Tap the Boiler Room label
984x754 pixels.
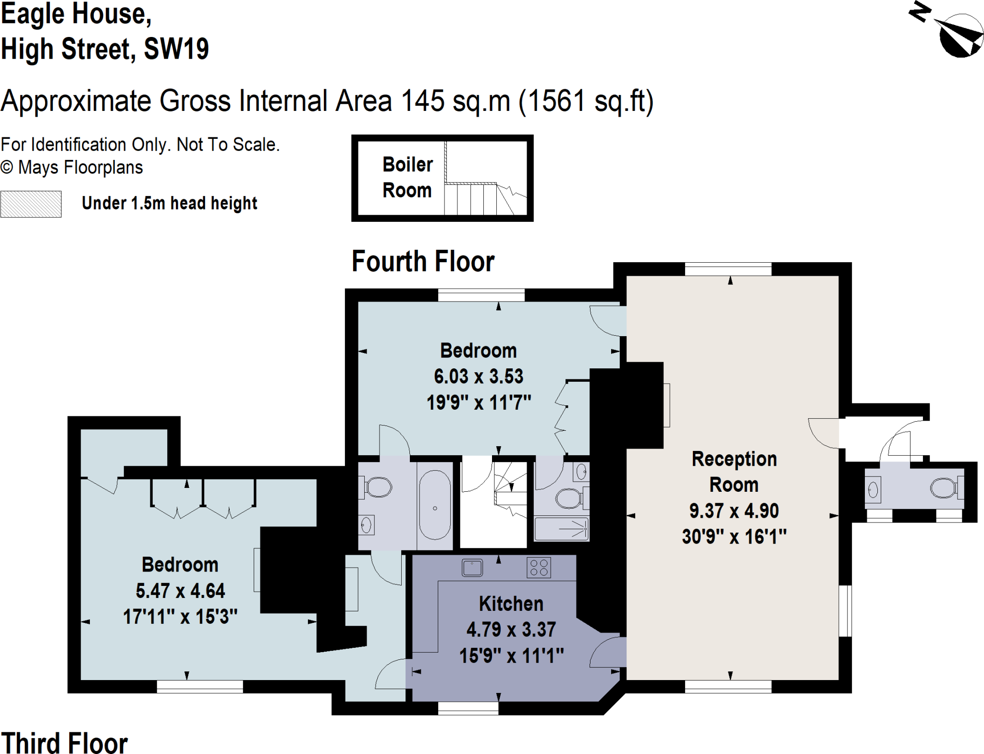[407, 177]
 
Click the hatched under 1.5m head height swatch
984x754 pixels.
[31, 204]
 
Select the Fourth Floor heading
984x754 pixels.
[423, 261]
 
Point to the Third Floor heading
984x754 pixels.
[64, 743]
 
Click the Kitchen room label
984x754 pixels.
[511, 604]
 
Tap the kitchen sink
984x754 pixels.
[472, 568]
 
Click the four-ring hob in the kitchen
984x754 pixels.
[539, 567]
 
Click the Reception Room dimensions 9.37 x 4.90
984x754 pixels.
[734, 511]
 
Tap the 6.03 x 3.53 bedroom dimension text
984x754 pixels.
[478, 376]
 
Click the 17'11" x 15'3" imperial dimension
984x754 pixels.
[180, 617]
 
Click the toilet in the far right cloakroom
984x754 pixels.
[945, 488]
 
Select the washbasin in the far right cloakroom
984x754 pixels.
[873, 490]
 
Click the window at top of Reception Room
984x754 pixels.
[728, 269]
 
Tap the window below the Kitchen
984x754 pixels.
[468, 708]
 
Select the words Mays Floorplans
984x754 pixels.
[80, 168]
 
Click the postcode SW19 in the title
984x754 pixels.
[176, 49]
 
